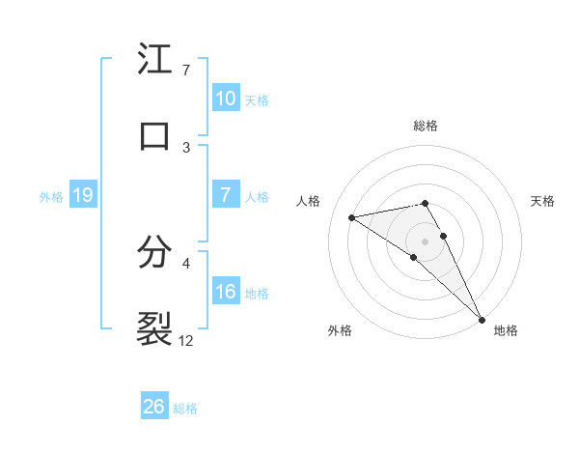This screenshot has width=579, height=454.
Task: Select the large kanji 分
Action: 154,252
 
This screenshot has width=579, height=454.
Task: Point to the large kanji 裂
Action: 154,327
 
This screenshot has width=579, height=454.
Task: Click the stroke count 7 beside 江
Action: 185,71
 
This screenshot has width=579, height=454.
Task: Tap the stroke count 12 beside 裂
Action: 186,340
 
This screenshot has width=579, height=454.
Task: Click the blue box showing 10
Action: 225,99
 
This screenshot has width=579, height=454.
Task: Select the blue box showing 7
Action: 225,195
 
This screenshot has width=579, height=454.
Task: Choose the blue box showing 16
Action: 225,292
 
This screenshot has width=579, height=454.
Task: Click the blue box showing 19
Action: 83,196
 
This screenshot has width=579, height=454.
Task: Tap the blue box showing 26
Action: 154,407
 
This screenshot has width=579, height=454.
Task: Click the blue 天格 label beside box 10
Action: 257,99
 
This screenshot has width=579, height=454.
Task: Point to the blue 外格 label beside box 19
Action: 51,197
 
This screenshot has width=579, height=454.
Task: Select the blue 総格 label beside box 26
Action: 185,409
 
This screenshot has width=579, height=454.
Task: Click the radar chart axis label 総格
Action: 426,126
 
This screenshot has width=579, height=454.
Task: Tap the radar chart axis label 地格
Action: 506,330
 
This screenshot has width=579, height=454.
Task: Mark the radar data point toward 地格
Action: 482,318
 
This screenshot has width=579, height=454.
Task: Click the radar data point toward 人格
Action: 351,217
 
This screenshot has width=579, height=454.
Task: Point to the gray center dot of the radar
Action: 425,240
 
